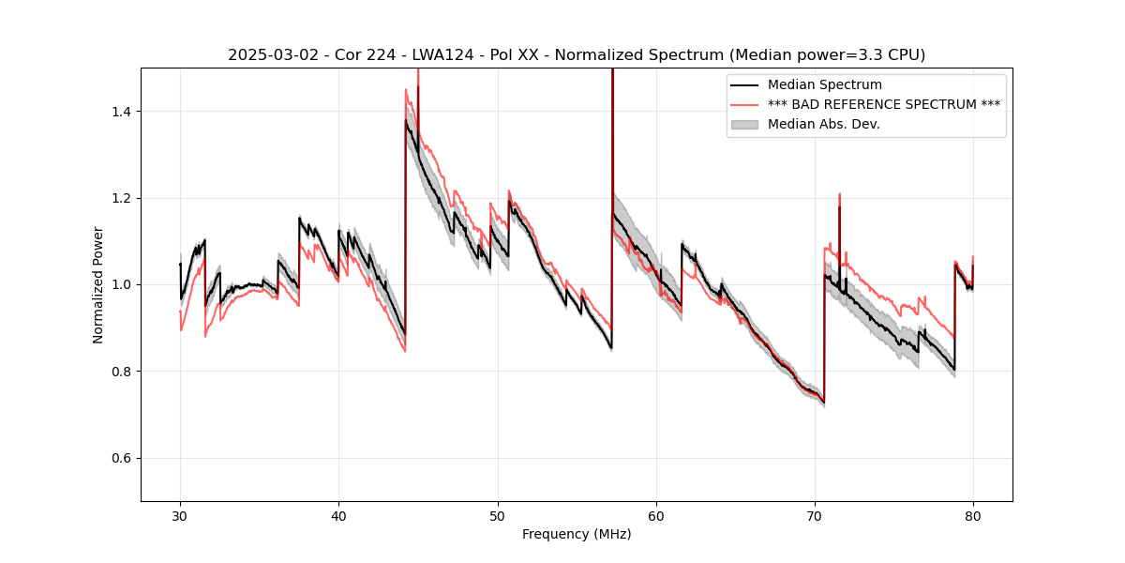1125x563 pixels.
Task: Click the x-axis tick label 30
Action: [180, 515]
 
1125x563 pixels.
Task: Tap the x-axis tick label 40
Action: [338, 515]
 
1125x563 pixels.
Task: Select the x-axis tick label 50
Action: [497, 515]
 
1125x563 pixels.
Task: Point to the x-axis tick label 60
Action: [656, 515]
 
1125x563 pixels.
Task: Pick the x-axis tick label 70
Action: [815, 515]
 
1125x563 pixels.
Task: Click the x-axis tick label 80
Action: [973, 515]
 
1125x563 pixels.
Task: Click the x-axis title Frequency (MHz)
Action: [577, 534]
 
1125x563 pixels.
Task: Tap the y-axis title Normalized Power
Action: [98, 284]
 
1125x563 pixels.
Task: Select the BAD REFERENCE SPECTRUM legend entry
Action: [883, 104]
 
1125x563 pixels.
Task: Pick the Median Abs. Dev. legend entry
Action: [823, 124]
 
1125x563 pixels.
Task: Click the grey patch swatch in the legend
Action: [745, 124]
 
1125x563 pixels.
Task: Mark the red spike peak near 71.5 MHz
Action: [839, 194]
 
